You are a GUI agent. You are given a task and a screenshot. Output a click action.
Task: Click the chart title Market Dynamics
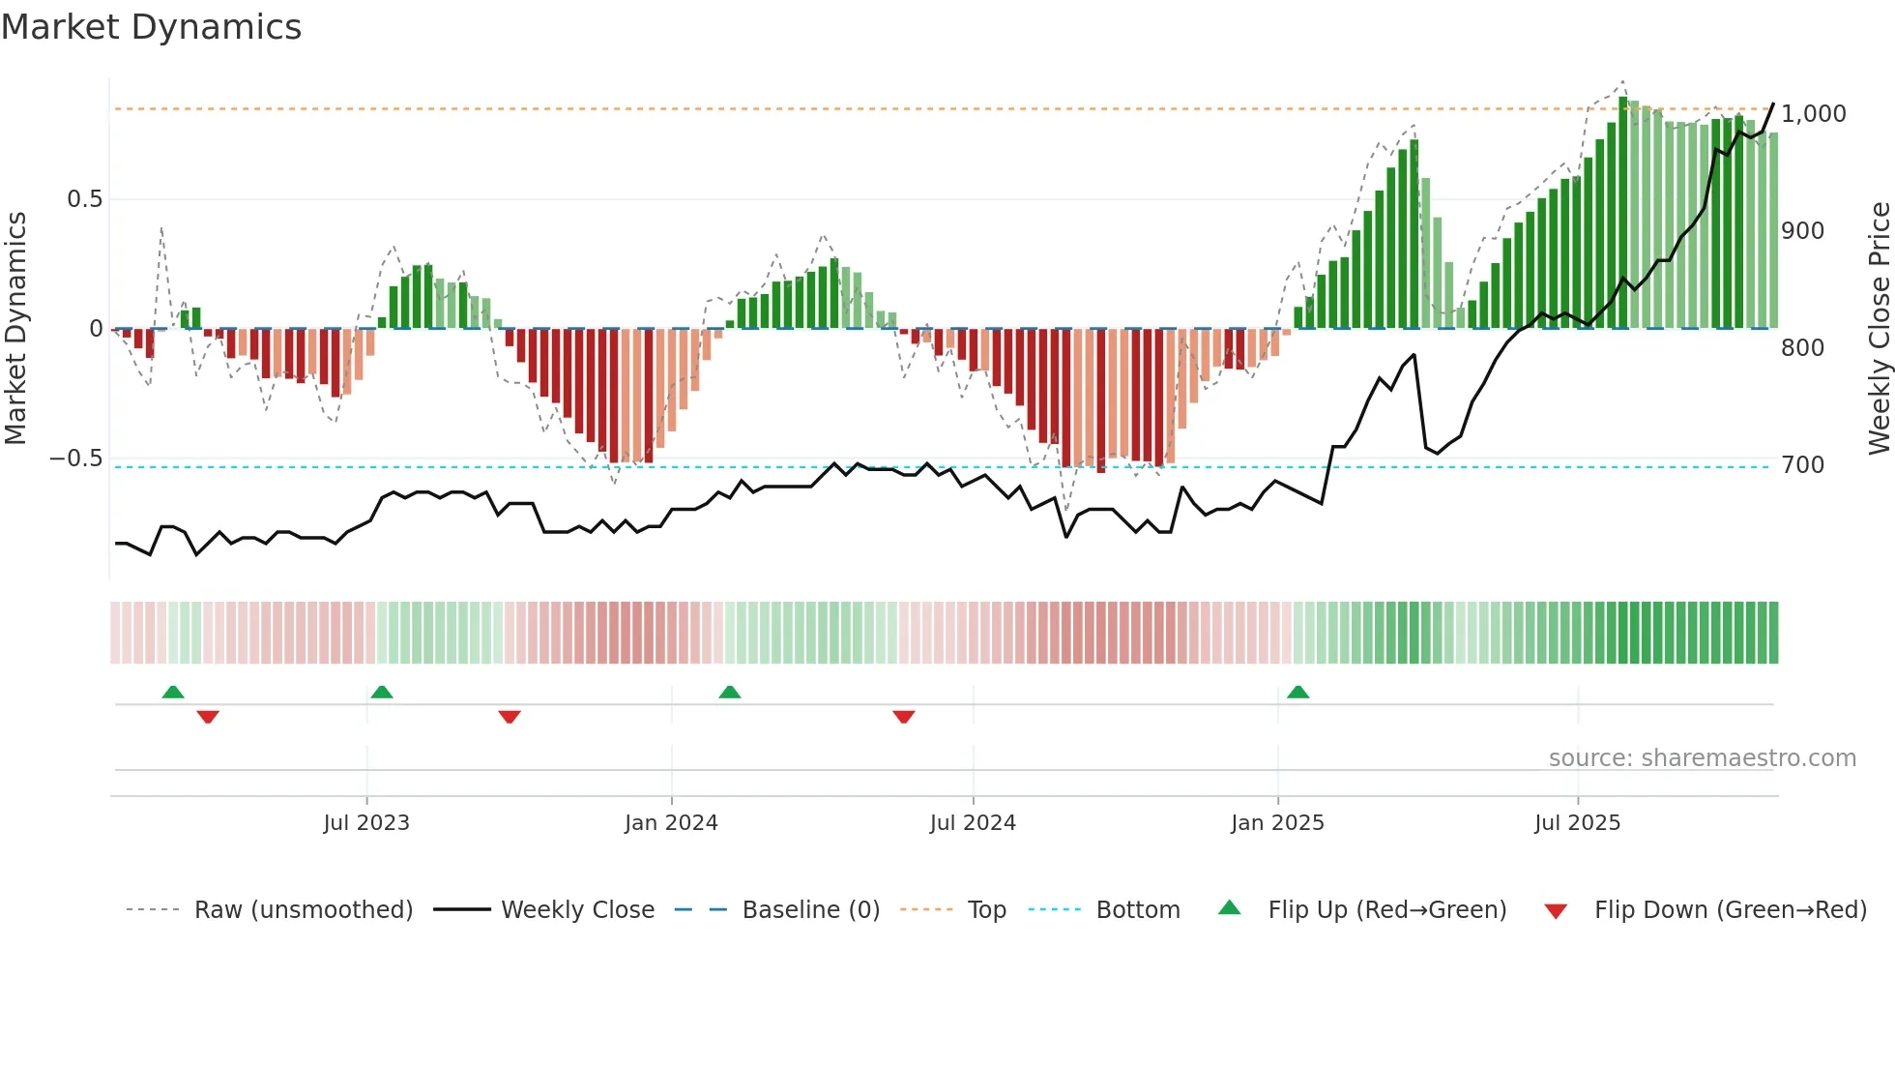tap(151, 27)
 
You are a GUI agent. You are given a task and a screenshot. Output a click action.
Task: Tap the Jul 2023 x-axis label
tap(366, 823)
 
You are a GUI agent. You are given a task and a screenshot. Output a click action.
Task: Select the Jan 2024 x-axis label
tap(671, 823)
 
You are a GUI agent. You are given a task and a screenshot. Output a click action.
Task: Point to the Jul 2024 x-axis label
tap(973, 823)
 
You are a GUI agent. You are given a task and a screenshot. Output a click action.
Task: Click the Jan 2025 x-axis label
tap(1277, 823)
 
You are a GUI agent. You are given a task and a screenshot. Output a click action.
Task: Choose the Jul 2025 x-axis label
tap(1577, 823)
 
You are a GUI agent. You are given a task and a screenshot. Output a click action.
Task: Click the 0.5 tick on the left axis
tap(84, 199)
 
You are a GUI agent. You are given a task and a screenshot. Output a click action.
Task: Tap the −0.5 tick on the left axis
tap(76, 459)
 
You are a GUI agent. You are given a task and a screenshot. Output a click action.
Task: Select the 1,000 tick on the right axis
tap(1813, 114)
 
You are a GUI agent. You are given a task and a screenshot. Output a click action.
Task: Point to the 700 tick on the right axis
tap(1802, 465)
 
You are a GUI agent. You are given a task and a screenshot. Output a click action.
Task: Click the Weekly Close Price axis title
tap(1879, 328)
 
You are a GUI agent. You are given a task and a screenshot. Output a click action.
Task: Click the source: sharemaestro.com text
tap(1702, 758)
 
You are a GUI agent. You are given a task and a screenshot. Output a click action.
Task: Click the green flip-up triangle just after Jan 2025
tap(1298, 693)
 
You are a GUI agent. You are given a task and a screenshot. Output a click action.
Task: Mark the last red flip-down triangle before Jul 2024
tap(904, 717)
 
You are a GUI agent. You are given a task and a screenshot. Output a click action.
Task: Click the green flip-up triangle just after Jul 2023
tap(382, 693)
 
